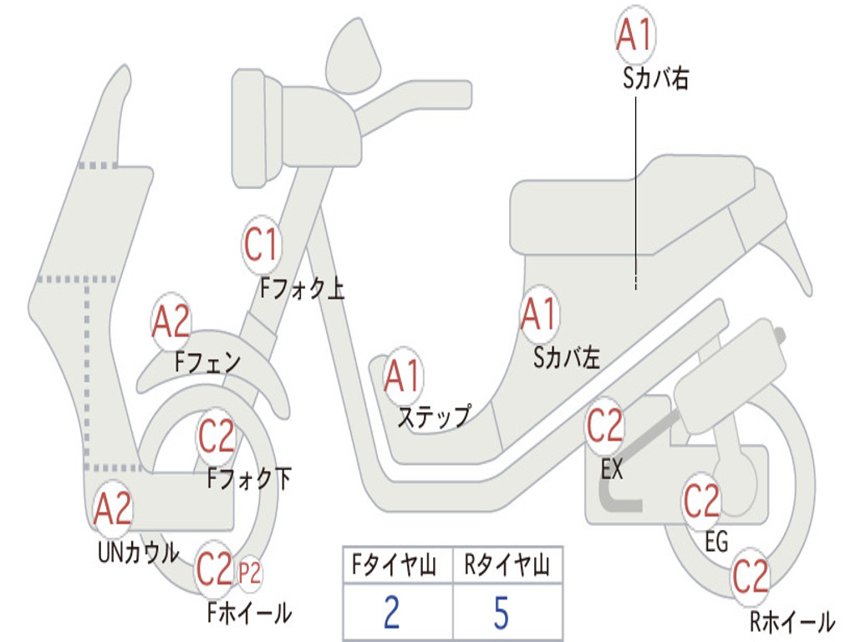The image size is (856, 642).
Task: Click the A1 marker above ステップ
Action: (403, 377)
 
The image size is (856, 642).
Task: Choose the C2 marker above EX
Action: (604, 426)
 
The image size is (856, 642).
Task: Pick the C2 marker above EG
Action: (702, 501)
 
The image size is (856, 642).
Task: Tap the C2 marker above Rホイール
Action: (750, 576)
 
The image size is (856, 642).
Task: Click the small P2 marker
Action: (249, 573)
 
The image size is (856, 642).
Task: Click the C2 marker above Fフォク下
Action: (217, 436)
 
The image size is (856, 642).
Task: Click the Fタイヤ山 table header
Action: (395, 567)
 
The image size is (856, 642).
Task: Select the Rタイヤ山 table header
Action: (506, 567)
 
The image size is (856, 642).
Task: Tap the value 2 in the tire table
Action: (391, 614)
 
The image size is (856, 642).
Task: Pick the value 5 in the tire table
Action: (502, 614)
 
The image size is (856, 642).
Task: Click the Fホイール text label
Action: (249, 613)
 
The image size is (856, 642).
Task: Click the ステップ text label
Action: (433, 416)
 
